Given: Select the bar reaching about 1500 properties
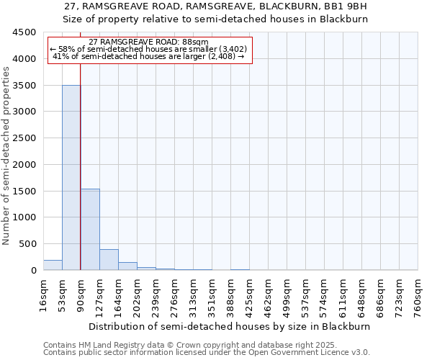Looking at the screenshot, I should click(90, 229).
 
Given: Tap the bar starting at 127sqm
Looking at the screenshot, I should click(109, 260).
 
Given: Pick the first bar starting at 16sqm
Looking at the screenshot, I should click(53, 265).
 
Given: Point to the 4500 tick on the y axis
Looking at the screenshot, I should click(25, 32).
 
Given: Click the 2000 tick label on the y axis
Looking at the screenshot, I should click(25, 165).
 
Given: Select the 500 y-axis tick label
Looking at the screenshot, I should click(28, 244).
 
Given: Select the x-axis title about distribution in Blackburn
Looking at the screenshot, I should click(230, 326).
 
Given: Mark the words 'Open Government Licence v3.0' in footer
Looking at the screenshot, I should click(311, 353).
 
